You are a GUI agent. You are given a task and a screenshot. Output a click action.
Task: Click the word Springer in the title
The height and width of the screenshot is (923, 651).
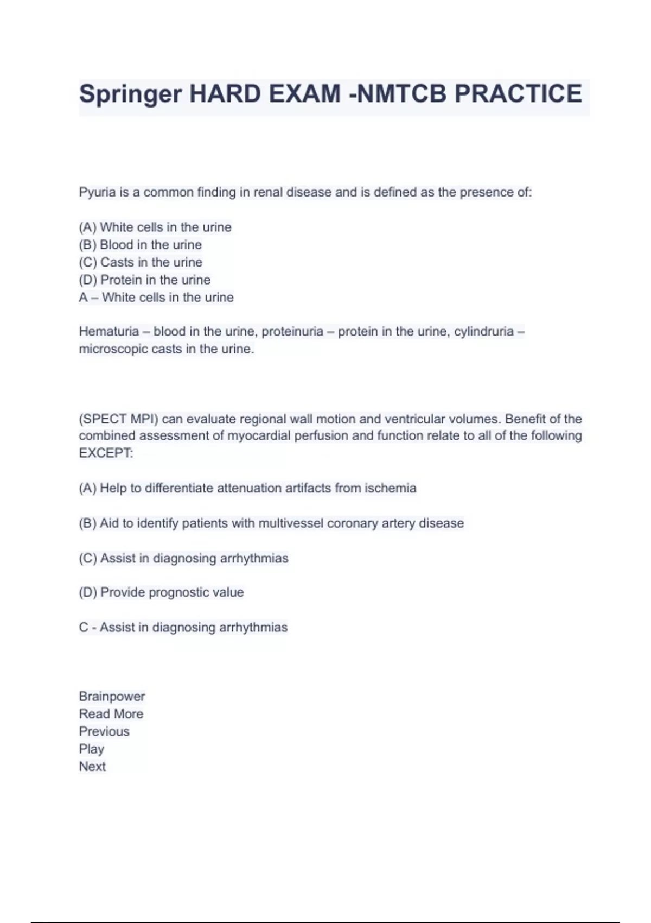(130, 94)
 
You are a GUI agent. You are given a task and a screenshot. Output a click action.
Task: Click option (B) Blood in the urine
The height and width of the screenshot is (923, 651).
(140, 245)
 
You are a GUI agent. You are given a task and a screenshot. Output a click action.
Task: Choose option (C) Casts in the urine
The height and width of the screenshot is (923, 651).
(141, 262)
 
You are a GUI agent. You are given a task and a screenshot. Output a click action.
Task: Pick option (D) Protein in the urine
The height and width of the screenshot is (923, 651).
(144, 280)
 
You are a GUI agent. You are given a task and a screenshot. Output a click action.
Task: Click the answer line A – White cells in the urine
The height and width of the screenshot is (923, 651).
(156, 298)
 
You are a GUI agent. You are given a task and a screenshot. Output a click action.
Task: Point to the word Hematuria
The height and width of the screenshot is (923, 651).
(108, 331)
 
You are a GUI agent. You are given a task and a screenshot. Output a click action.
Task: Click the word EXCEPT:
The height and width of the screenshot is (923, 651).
(106, 453)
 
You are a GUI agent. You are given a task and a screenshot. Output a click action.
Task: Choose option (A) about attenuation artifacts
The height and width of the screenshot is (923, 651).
(247, 488)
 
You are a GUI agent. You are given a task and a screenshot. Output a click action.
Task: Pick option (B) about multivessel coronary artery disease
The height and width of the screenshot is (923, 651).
(271, 523)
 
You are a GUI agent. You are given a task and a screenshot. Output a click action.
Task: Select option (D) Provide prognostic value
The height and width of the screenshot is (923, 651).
(161, 592)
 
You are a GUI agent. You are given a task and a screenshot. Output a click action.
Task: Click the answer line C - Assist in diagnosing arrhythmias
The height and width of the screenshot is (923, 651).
(183, 628)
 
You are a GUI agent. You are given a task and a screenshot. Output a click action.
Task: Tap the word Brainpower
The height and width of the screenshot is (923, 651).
(112, 697)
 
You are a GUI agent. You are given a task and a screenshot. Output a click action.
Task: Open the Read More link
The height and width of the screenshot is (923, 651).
(111, 714)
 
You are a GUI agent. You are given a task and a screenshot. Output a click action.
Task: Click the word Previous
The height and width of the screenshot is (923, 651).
(104, 731)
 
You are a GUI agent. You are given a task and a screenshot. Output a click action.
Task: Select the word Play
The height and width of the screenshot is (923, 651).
(91, 749)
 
